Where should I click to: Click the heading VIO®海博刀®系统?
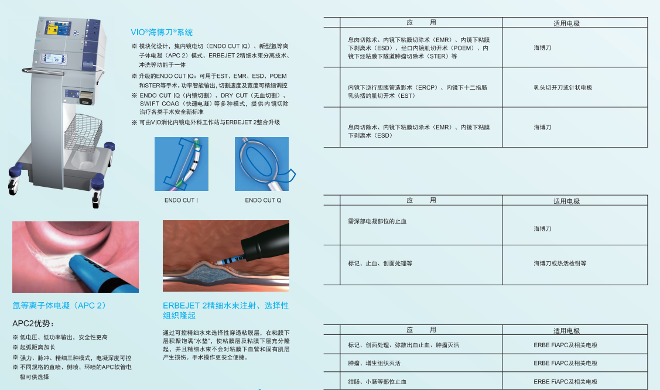pos(162,32)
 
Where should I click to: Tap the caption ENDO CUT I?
pos(181,200)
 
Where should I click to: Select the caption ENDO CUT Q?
pos(263,200)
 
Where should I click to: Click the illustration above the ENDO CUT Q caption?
pos(262,164)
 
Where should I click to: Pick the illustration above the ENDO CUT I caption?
pos(181,164)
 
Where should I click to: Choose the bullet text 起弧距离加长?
pos(38,347)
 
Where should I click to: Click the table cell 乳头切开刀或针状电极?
pos(563,87)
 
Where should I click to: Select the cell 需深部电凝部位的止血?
pos(377,221)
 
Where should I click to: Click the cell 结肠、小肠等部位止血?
pos(377,382)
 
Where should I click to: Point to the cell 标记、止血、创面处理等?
pos(380,264)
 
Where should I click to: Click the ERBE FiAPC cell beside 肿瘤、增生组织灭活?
pos(565,363)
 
